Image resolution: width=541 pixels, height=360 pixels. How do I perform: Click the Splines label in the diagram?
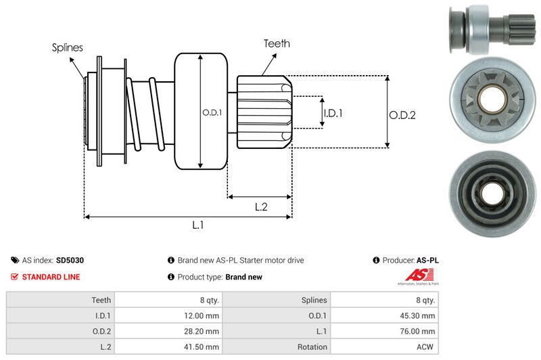(x=68, y=47)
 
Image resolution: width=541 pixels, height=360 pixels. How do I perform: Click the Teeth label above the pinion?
(x=277, y=43)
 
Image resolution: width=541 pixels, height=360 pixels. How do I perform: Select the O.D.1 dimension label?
(x=212, y=112)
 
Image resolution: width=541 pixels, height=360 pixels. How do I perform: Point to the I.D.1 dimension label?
(x=333, y=113)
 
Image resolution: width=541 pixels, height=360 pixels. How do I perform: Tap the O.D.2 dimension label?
(x=402, y=115)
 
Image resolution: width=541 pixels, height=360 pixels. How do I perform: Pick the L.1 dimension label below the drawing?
(x=198, y=226)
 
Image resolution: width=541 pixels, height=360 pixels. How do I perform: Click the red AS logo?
(x=415, y=275)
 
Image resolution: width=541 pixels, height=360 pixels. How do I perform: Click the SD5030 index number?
(x=70, y=260)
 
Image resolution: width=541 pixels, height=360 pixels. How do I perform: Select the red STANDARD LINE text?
(x=51, y=277)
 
